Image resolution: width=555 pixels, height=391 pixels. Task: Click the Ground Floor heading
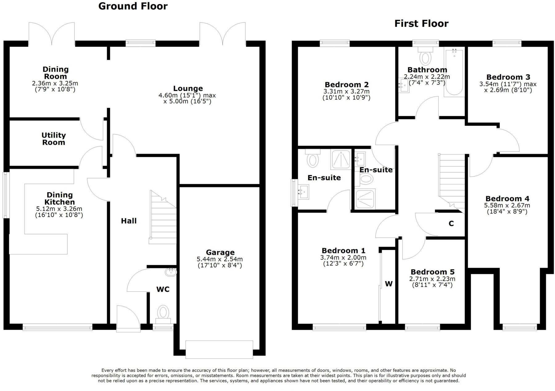click(x=133, y=6)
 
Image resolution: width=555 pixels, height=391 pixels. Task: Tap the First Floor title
click(x=421, y=23)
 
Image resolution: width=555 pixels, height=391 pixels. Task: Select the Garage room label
click(x=220, y=252)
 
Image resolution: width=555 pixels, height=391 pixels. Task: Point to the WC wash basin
click(x=171, y=272)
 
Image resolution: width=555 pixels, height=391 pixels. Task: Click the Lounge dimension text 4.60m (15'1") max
click(x=187, y=96)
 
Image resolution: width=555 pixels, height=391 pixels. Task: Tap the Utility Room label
click(x=54, y=139)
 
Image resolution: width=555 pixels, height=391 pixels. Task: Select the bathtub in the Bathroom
click(x=454, y=72)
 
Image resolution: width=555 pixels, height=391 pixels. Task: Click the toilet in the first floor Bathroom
click(x=426, y=57)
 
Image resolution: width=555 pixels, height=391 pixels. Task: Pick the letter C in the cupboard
click(x=451, y=224)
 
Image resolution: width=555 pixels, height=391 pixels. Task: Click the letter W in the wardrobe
click(x=389, y=284)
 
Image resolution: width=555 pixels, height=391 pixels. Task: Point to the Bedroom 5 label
click(x=432, y=272)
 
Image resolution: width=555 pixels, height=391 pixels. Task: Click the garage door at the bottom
click(x=219, y=349)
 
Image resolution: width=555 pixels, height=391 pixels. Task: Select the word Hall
click(x=129, y=221)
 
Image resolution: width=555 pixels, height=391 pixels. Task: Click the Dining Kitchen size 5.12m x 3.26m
click(x=59, y=209)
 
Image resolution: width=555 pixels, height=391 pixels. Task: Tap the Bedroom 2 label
click(x=347, y=84)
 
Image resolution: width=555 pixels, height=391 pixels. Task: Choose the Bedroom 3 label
click(x=508, y=77)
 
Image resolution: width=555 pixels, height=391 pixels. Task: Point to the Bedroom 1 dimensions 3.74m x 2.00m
click(x=343, y=258)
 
